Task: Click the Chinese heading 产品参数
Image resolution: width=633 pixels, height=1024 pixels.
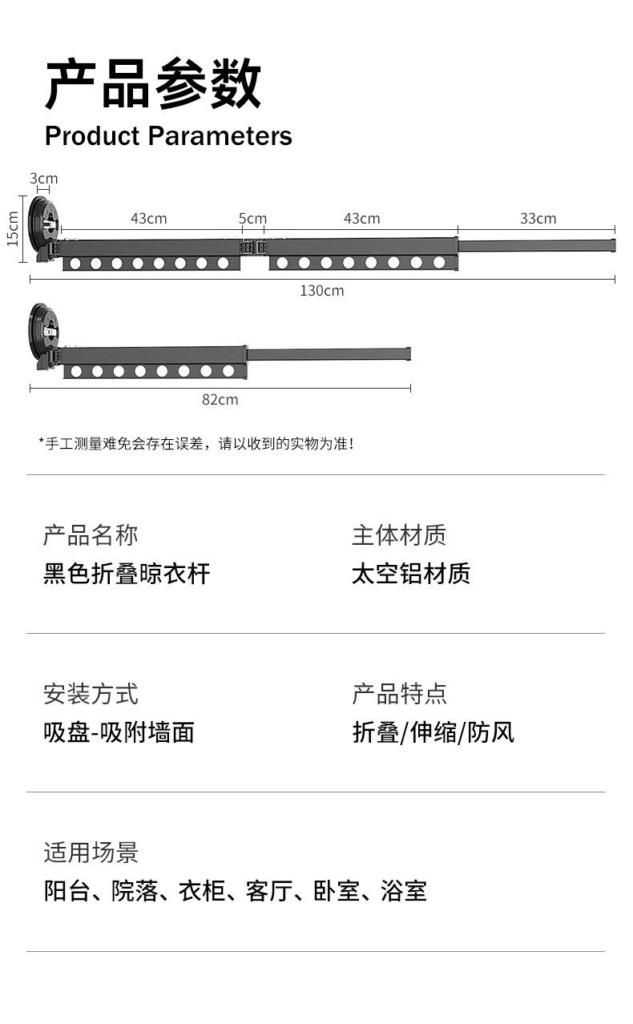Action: (x=152, y=84)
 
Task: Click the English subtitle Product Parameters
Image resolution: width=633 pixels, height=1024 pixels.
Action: (x=168, y=136)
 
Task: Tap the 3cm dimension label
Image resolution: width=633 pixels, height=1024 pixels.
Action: (x=43, y=178)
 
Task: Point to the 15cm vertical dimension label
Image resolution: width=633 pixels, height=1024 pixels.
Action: (x=13, y=228)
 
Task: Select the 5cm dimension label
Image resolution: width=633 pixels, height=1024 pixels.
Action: (x=252, y=219)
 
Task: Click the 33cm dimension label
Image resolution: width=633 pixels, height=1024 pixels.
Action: (x=538, y=219)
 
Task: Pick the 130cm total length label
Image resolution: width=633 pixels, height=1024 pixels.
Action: (x=322, y=291)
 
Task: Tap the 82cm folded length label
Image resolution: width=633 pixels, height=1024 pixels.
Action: (x=220, y=399)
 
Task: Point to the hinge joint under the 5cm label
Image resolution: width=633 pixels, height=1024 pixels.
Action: (x=254, y=247)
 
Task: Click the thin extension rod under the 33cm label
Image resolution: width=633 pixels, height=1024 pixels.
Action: (x=537, y=245)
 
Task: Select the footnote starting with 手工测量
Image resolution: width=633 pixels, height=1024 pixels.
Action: (x=196, y=443)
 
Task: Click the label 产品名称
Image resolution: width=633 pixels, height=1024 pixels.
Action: (x=91, y=535)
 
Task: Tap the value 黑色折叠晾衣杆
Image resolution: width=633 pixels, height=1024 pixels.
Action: (x=127, y=574)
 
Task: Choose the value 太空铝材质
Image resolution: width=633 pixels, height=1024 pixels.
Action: (x=410, y=574)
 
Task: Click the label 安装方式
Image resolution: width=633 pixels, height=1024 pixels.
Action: (x=91, y=694)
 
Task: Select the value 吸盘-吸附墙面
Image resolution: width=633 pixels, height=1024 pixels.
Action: (x=119, y=732)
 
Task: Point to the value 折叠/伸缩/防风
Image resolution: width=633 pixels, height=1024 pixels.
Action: (x=433, y=732)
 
